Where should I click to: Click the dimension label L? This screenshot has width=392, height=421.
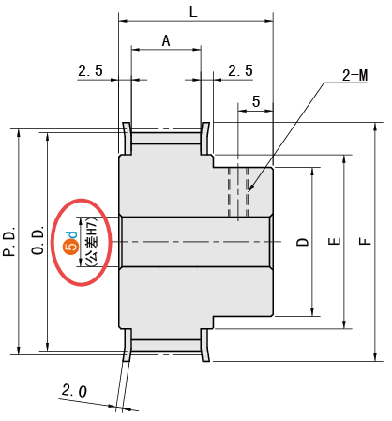coord(193,12)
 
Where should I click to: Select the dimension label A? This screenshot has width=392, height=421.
coord(166,40)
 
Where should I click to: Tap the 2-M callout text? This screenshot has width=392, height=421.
coord(354,75)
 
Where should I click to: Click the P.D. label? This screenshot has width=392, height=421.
coord(9,241)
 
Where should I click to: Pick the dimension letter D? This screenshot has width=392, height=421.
coord(302,242)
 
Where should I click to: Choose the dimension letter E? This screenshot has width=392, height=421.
coord(334,241)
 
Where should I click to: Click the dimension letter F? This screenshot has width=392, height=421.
coord(365,241)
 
